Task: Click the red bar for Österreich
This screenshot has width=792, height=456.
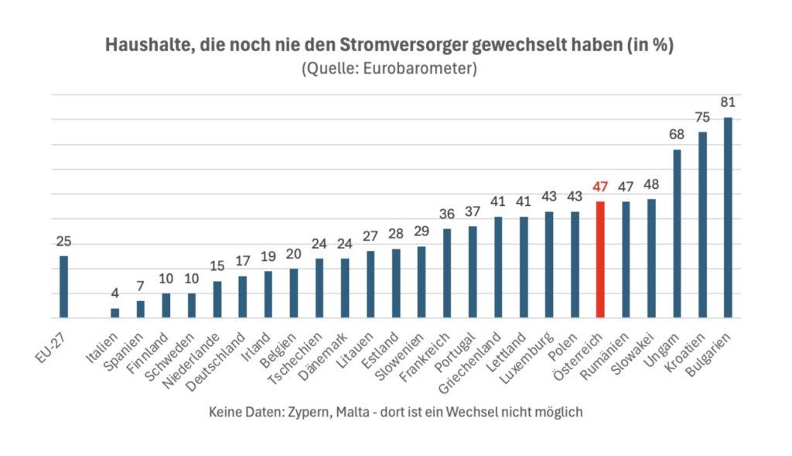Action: pyautogui.click(x=600, y=259)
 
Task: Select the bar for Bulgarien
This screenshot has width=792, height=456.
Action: pyautogui.click(x=728, y=218)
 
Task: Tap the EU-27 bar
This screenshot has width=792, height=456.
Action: pyautogui.click(x=63, y=286)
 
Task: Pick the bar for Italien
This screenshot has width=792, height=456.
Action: pyautogui.click(x=114, y=313)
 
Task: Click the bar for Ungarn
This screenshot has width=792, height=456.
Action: pyautogui.click(x=677, y=233)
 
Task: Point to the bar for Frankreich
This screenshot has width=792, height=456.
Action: pyautogui.click(x=447, y=273)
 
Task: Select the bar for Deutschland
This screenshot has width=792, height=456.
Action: pyautogui.click(x=242, y=297)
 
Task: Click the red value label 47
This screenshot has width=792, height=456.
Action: pyautogui.click(x=601, y=187)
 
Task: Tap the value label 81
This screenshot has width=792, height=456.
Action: pyautogui.click(x=728, y=102)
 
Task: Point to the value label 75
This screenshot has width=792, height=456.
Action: pyautogui.click(x=702, y=117)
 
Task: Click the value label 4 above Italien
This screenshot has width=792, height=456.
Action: pyautogui.click(x=114, y=293)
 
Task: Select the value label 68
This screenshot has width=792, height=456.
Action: pyautogui.click(x=677, y=135)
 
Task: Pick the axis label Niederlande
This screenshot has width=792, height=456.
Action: pyautogui.click(x=192, y=360)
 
